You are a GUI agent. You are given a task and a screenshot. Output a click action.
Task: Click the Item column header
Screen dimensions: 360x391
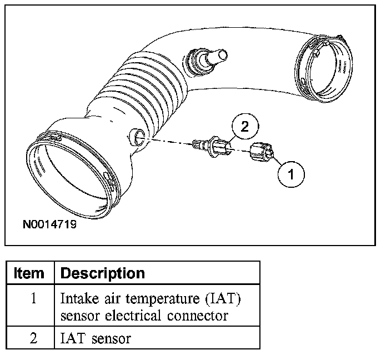pyautogui.click(x=29, y=273)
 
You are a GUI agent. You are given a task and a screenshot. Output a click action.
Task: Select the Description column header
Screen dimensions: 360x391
pyautogui.click(x=102, y=273)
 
